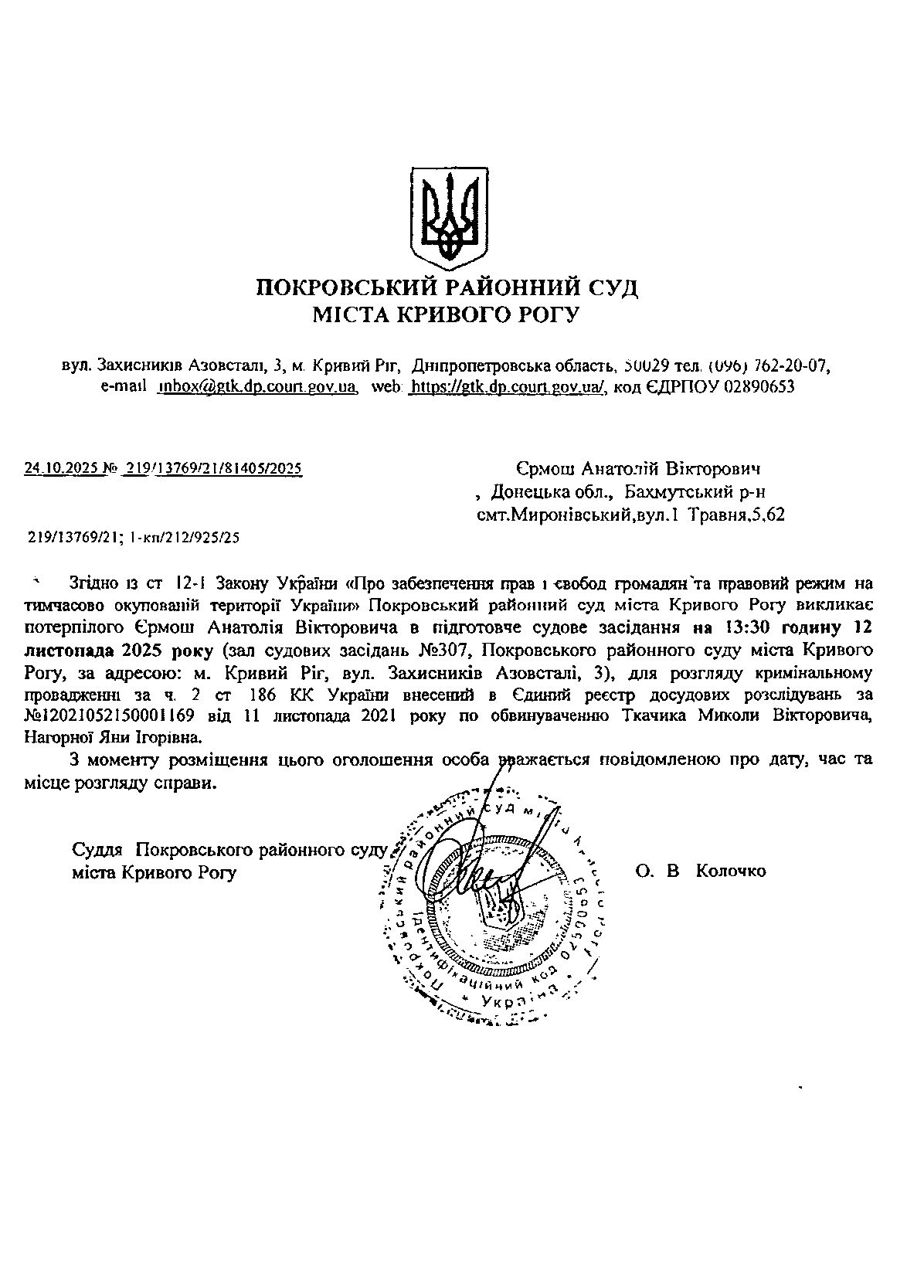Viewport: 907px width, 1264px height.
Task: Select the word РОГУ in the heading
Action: tap(545, 314)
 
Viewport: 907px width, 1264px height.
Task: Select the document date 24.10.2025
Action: tap(62, 468)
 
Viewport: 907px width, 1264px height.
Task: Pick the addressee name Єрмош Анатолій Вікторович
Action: tap(638, 469)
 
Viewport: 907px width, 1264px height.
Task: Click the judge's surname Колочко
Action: tap(731, 872)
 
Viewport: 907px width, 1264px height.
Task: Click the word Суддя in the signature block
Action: tap(97, 850)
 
